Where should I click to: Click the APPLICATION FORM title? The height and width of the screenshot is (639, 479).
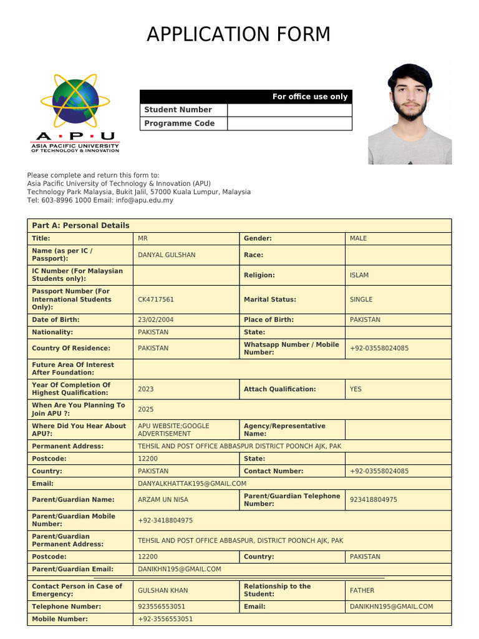239,35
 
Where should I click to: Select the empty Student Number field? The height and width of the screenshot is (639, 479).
289,110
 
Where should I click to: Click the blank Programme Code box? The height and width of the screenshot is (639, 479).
289,124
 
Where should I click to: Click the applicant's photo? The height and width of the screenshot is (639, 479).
410,114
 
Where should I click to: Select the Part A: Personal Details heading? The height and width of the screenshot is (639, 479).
80,225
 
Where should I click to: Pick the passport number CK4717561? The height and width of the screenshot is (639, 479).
156,300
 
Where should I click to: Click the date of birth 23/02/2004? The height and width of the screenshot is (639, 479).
156,319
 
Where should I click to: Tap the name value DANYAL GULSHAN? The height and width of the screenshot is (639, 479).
167,255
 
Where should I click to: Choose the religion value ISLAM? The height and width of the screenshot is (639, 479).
359,275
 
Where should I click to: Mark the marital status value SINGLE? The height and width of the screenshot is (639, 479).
361,300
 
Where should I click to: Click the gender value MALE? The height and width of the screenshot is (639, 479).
359,238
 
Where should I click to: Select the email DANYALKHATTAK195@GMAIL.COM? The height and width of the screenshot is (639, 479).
192,484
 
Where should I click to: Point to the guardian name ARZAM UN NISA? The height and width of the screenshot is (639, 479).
163,500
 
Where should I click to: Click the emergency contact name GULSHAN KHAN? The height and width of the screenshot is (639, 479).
163,590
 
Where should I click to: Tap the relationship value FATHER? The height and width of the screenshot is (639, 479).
362,590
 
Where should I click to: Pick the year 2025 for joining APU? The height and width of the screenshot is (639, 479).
146,409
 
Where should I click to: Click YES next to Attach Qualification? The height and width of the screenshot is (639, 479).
356,389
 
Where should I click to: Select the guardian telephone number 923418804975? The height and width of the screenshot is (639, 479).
374,500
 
